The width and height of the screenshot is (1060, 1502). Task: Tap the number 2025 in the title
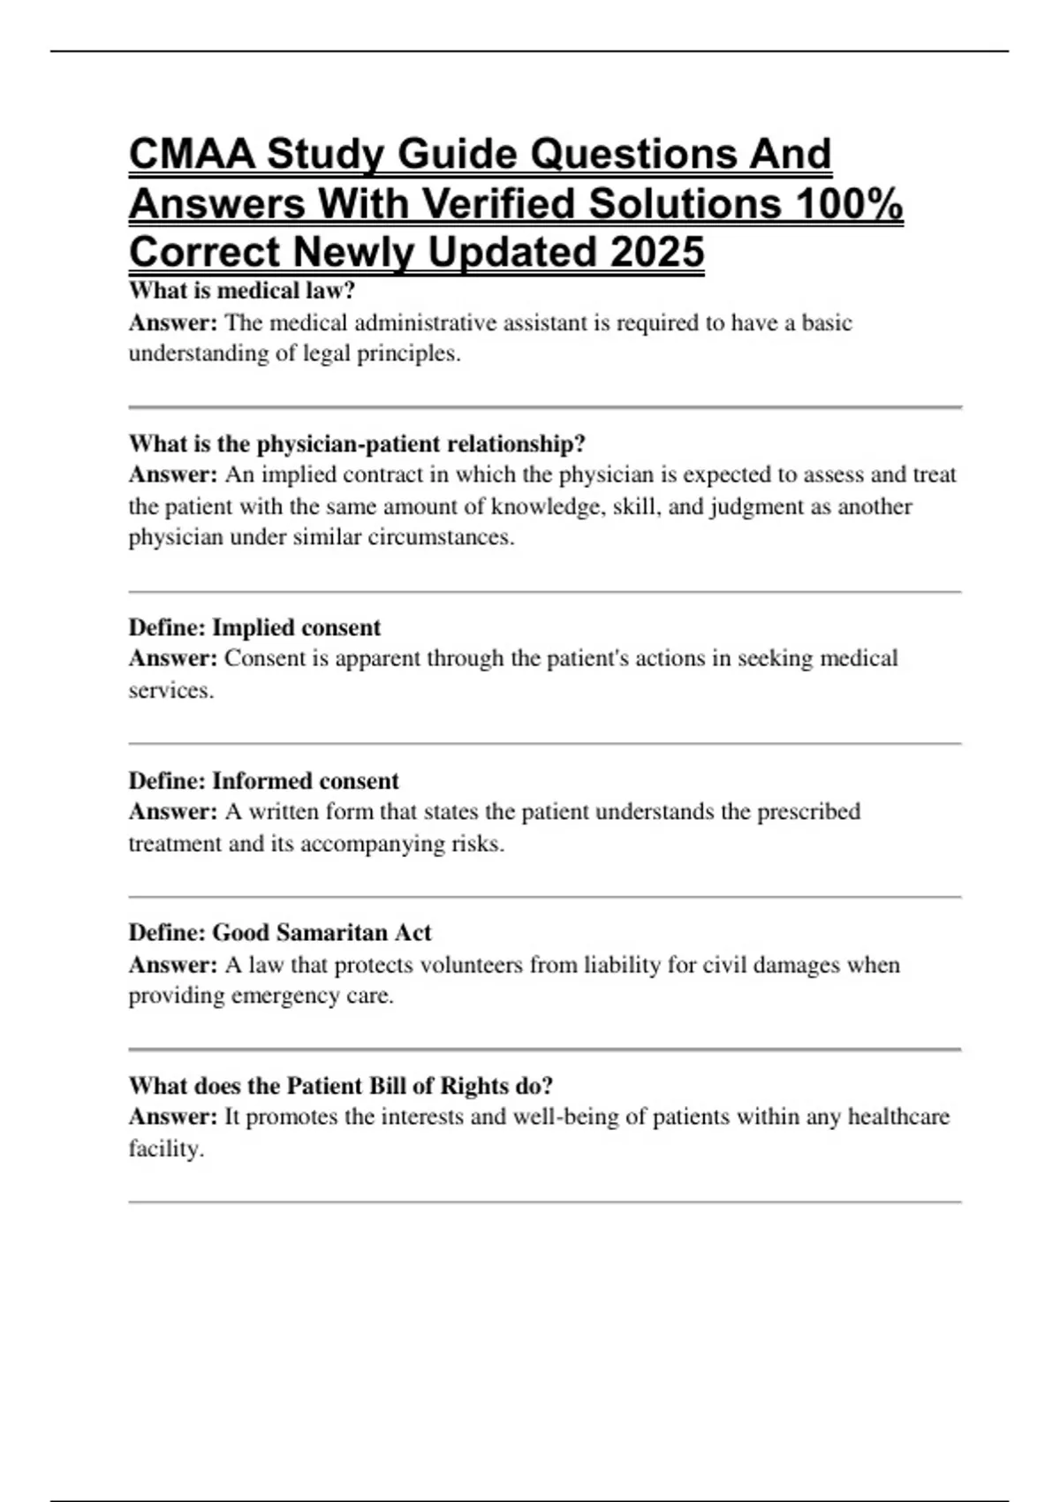657,253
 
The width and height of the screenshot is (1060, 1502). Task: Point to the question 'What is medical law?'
241,290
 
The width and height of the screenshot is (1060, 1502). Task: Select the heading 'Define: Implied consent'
254,627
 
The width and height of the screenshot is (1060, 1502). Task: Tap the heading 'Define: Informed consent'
263,780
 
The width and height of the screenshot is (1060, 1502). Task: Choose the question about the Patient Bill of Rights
341,1085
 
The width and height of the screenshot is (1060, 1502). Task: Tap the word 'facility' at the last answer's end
165,1149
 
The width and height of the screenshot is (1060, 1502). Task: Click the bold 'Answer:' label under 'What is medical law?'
173,322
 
